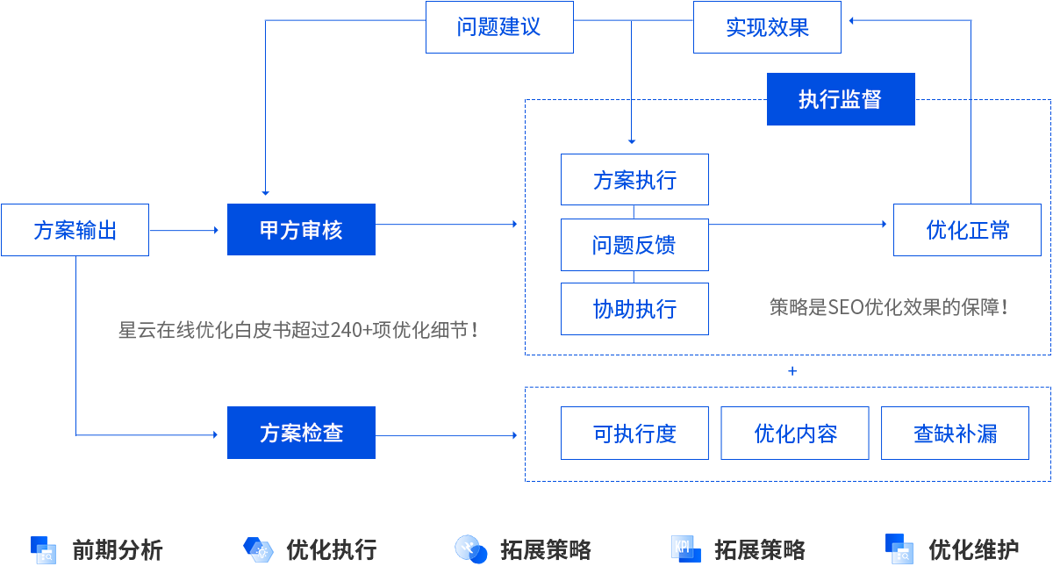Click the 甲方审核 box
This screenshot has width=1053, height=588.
coord(301,229)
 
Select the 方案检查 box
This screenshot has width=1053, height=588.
coord(301,433)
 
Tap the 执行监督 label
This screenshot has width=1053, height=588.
coord(840,99)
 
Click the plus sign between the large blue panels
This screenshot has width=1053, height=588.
coord(792,371)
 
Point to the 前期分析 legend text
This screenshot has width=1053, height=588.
coord(118,550)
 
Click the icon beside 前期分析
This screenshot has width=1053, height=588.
coord(43,549)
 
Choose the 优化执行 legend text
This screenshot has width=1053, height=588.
coord(332,550)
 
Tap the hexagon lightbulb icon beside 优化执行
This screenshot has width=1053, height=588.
coord(257,549)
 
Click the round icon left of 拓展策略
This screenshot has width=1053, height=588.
coord(471,549)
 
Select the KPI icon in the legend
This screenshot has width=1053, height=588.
coord(685,549)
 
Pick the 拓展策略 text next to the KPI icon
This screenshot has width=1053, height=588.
coord(760,550)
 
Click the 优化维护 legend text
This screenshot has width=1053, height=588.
coord(974,550)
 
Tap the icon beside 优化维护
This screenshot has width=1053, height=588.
coord(899,549)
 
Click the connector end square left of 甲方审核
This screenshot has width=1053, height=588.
coord(216,230)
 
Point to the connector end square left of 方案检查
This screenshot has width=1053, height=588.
coord(215,434)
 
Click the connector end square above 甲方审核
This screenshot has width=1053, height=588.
coord(266,193)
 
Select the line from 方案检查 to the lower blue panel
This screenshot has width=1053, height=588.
coord(443,435)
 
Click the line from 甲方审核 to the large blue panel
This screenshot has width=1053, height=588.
coord(443,225)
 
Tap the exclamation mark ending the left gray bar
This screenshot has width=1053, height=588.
coord(475,330)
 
